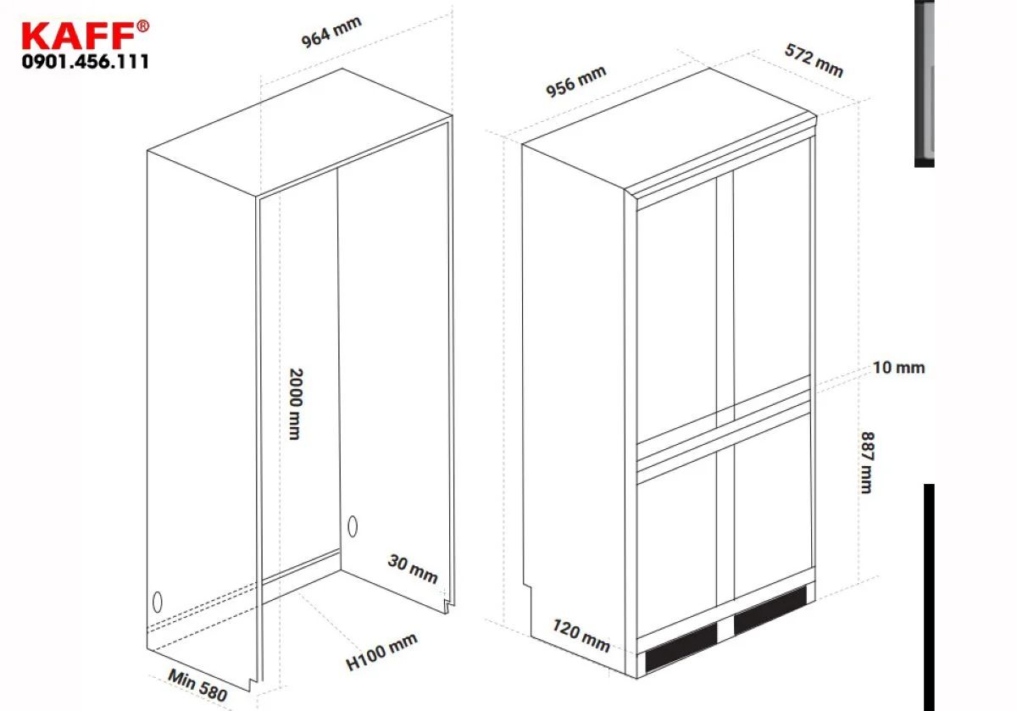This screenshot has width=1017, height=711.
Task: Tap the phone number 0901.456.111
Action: click(85, 62)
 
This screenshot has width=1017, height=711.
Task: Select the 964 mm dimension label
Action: click(331, 32)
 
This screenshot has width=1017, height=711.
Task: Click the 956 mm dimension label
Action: click(575, 81)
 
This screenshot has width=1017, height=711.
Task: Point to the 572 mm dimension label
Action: click(814, 60)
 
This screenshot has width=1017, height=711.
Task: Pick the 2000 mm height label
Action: click(296, 403)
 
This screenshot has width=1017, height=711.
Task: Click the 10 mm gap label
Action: click(898, 367)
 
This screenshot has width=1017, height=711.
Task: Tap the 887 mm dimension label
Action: click(867, 462)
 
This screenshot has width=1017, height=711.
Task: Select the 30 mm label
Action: click(413, 569)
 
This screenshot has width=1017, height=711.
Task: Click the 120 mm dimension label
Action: click(581, 636)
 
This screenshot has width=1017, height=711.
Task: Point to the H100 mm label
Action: click(381, 652)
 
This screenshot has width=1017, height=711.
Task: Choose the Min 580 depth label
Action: click(197, 685)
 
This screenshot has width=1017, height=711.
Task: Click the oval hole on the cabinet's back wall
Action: click(353, 526)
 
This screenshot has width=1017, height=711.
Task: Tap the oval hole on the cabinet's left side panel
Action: click(157, 602)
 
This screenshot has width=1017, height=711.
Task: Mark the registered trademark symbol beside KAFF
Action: click(142, 26)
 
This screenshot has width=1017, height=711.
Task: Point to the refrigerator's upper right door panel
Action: click(772, 272)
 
